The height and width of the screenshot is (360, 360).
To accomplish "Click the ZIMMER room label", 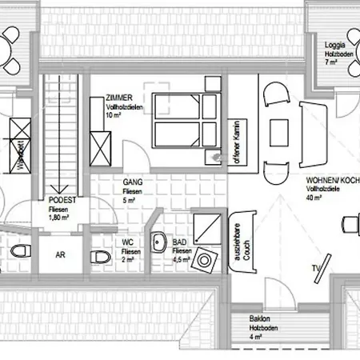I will pos(118,98).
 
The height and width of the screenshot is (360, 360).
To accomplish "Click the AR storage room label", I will pos(59,256).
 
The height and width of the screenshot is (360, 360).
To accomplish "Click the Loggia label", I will pos(334,46).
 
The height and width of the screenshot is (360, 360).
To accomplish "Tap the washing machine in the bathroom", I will pos(207,259).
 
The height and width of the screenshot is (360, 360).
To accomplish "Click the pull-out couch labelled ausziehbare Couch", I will pos(241,239).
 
